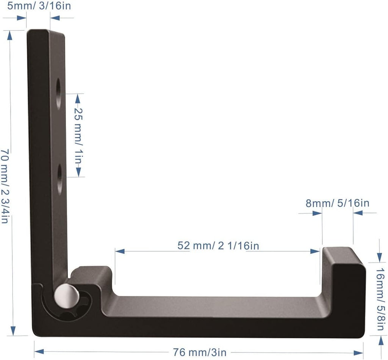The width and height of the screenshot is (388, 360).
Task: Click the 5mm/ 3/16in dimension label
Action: (39, 5)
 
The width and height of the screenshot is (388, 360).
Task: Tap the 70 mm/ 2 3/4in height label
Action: (5, 186)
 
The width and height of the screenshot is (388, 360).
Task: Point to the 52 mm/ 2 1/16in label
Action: (218, 246)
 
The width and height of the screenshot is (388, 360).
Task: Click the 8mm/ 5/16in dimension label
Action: (338, 203)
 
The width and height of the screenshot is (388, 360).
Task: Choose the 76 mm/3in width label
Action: (199, 352)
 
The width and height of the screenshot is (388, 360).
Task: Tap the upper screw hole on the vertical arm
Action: (58, 94)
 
